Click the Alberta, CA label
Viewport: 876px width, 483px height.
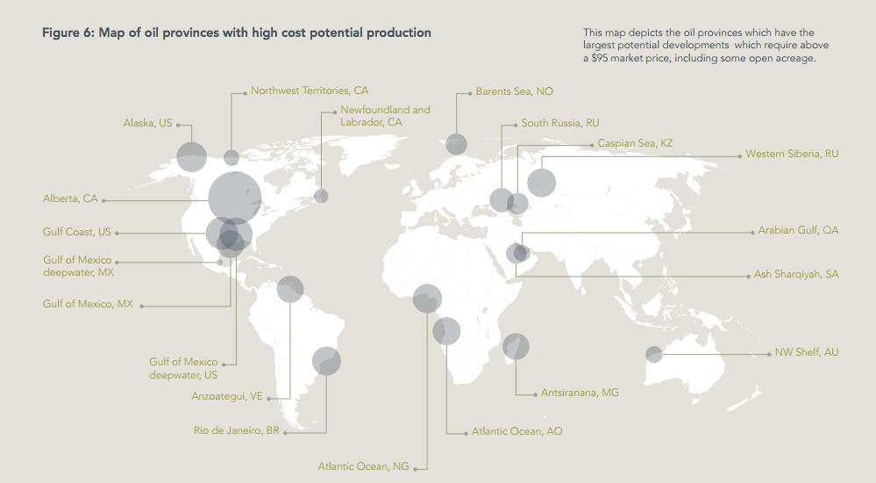[70, 198]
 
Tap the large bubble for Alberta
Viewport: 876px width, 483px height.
[235, 198]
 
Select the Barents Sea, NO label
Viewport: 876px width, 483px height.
[514, 91]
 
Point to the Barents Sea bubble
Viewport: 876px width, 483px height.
[457, 144]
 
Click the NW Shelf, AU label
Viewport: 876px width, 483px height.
[806, 353]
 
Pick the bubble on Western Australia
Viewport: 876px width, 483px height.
[654, 354]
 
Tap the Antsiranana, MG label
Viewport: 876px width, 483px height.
[580, 393]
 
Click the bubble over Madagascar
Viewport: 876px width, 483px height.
[516, 346]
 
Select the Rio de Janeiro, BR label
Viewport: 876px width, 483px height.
[237, 430]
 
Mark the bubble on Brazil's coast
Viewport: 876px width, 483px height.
[326, 361]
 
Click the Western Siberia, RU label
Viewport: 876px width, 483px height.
[792, 154]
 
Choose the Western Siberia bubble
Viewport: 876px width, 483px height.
[541, 183]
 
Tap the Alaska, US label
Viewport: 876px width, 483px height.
[147, 123]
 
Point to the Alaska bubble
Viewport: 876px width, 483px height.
[192, 156]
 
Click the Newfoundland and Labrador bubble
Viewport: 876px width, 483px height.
[321, 196]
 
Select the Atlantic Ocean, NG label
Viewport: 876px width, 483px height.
[363, 466]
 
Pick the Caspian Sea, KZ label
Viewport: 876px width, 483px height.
[635, 143]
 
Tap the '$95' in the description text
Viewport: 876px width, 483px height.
[600, 58]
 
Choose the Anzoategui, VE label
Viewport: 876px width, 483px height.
[227, 396]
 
